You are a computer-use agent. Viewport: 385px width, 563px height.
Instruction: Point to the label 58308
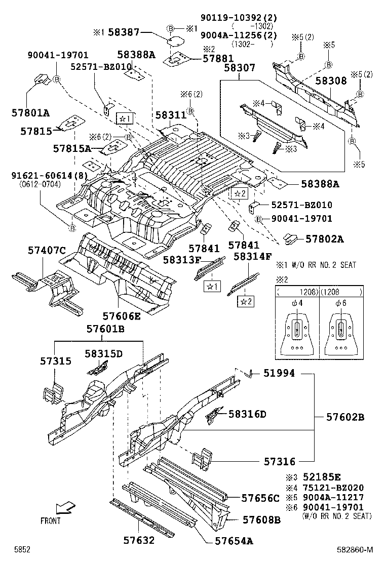pyautogui.click(x=332, y=81)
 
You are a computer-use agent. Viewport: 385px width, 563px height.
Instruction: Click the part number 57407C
pyautogui.click(x=47, y=250)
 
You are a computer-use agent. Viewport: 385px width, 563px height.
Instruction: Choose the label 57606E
pyautogui.click(x=122, y=316)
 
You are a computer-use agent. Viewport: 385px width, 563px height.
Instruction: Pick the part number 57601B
pyautogui.click(x=105, y=329)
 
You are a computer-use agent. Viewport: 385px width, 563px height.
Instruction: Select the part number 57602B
pyautogui.click(x=345, y=418)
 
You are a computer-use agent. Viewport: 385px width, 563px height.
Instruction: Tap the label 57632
pyautogui.click(x=139, y=541)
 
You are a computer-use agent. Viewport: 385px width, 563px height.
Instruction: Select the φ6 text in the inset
pyautogui.click(x=340, y=303)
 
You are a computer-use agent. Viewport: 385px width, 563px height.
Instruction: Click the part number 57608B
pyautogui.click(x=261, y=519)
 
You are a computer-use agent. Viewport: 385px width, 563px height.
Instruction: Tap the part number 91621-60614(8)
pyautogui.click(x=49, y=176)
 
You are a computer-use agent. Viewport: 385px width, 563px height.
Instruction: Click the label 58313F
pyautogui.click(x=182, y=260)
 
